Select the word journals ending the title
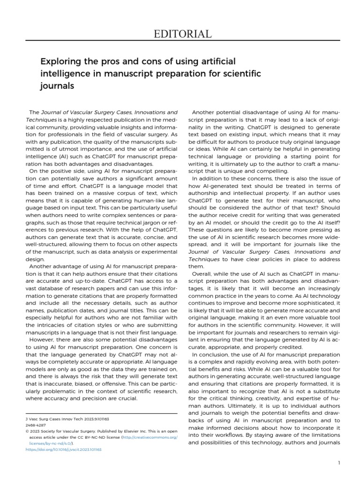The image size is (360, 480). [x=57, y=86]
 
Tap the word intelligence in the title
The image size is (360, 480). [x=64, y=74]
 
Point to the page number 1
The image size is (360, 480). [x=338, y=463]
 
